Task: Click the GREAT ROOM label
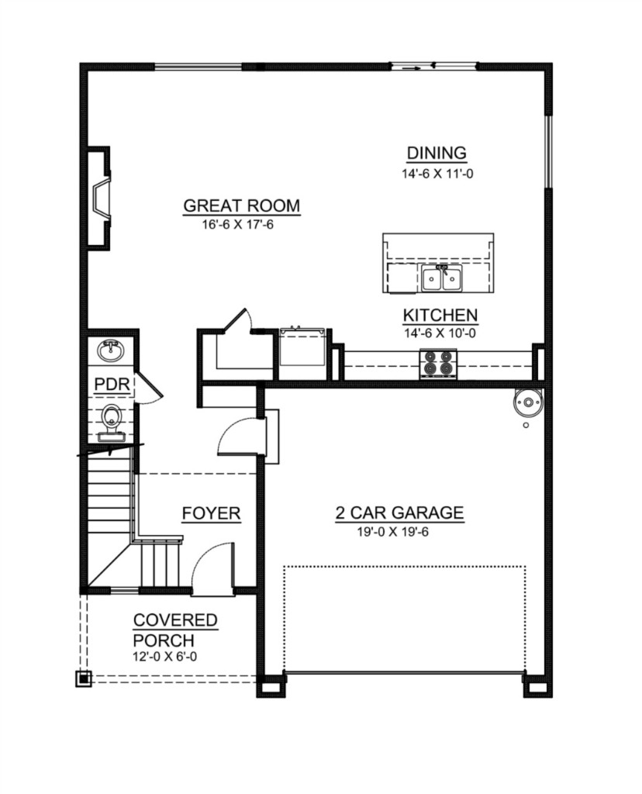pyautogui.click(x=241, y=205)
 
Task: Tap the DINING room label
pyautogui.click(x=437, y=153)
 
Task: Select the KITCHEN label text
pyautogui.click(x=440, y=315)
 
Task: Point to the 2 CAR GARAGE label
pyautogui.click(x=399, y=513)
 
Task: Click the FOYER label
pyautogui.click(x=211, y=513)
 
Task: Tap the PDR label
pyautogui.click(x=112, y=385)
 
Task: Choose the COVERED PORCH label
pyautogui.click(x=175, y=630)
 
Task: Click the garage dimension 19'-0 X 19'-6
pyautogui.click(x=392, y=532)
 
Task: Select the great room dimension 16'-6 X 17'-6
pyautogui.click(x=237, y=224)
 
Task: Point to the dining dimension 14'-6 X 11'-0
pyautogui.click(x=437, y=174)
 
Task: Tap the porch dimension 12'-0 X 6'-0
pyautogui.click(x=165, y=657)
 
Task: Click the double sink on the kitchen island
pyautogui.click(x=441, y=278)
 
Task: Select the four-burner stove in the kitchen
pyautogui.click(x=438, y=364)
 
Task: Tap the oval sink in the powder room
pyautogui.click(x=111, y=351)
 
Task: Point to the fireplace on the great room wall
pyautogui.click(x=99, y=198)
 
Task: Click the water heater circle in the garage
pyautogui.click(x=528, y=403)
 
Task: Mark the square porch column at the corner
pyautogui.click(x=84, y=678)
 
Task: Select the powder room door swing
pyautogui.click(x=149, y=388)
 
